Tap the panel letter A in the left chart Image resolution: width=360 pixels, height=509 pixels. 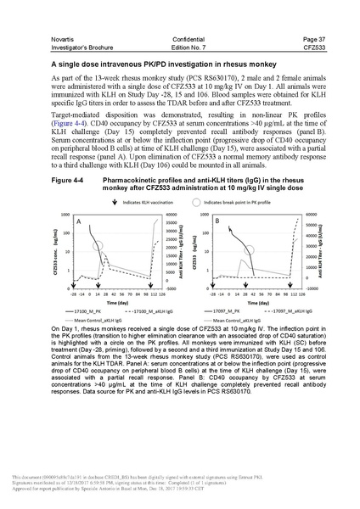click(77, 221)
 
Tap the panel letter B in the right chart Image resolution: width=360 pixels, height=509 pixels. click(219, 221)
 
